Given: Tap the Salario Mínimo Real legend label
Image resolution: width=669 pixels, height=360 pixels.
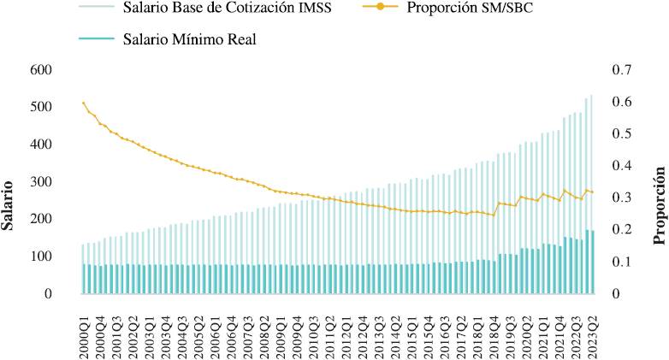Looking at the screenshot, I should click(x=189, y=38).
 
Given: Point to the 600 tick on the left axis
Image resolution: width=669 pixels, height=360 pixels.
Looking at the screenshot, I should click(x=42, y=70).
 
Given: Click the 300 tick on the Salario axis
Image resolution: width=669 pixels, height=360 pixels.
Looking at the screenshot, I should click(x=42, y=182).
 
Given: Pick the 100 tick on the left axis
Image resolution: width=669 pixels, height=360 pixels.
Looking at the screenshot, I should click(x=42, y=257).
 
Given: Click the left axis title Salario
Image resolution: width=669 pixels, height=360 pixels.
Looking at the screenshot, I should click(x=9, y=204).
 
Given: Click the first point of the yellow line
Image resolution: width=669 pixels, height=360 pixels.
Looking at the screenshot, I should click(x=84, y=103).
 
